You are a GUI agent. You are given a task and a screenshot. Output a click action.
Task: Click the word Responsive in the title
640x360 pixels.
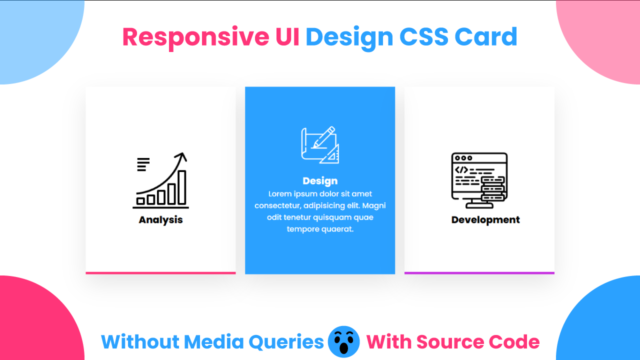point(195,37)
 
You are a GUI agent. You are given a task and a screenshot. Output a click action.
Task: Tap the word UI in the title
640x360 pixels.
point(287,37)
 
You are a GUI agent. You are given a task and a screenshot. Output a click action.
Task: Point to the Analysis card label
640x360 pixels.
point(160,220)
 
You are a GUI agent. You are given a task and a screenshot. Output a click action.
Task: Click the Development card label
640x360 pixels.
point(485,220)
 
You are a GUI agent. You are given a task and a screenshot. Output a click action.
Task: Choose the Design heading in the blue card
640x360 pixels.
point(320,181)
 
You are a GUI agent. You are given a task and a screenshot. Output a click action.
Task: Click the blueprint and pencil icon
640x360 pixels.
point(320,145)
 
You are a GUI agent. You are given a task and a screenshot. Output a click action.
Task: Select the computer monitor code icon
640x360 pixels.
point(479,180)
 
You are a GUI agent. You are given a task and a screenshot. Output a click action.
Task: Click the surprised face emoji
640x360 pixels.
point(344,342)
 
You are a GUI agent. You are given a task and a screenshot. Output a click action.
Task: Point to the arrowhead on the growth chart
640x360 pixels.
point(183,157)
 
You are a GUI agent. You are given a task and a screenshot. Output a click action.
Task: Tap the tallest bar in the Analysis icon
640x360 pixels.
point(182,187)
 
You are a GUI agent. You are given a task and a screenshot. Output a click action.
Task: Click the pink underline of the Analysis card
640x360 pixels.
point(160,273)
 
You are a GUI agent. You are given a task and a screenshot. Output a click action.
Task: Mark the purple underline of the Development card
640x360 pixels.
point(479,273)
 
